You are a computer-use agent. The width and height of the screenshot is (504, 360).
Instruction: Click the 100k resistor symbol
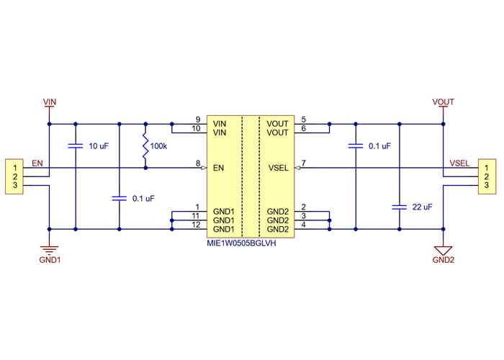146,146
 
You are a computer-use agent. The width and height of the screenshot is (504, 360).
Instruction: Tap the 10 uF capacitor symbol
75,146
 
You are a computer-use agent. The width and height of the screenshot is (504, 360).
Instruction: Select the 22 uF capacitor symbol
397,207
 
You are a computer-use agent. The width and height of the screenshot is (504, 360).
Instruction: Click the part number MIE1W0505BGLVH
241,243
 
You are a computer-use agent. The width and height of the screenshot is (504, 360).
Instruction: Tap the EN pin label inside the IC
220,168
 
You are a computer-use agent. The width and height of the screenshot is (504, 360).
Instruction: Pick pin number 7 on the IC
304,164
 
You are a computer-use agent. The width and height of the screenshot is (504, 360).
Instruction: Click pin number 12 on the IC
196,225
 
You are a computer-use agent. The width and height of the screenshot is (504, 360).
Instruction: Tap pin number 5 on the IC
304,120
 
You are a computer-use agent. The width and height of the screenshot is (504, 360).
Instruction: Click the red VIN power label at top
50,102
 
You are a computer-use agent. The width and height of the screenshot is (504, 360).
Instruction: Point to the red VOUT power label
444,102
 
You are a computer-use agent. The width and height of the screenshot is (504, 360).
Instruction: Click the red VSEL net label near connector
459,163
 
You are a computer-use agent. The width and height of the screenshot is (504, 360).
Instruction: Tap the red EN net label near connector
37,163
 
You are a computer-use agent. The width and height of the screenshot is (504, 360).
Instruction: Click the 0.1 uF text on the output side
379,146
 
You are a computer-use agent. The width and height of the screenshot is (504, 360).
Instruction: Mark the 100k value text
158,146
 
